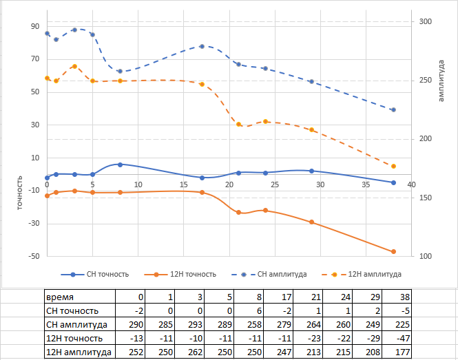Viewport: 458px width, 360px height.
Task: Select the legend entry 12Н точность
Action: (x=190, y=274)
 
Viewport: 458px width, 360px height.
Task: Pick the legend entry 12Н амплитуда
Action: (x=373, y=274)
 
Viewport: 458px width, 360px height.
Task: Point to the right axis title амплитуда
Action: (x=441, y=80)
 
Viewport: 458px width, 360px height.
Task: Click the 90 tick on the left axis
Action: (x=34, y=26)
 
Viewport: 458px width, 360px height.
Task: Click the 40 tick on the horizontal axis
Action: (x=411, y=184)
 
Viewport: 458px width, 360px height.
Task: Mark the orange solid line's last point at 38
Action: (x=393, y=252)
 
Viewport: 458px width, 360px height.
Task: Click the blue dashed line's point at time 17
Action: (x=202, y=46)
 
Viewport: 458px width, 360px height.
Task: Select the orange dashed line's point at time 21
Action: (x=239, y=124)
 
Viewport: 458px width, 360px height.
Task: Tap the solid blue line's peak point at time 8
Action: (x=120, y=165)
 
